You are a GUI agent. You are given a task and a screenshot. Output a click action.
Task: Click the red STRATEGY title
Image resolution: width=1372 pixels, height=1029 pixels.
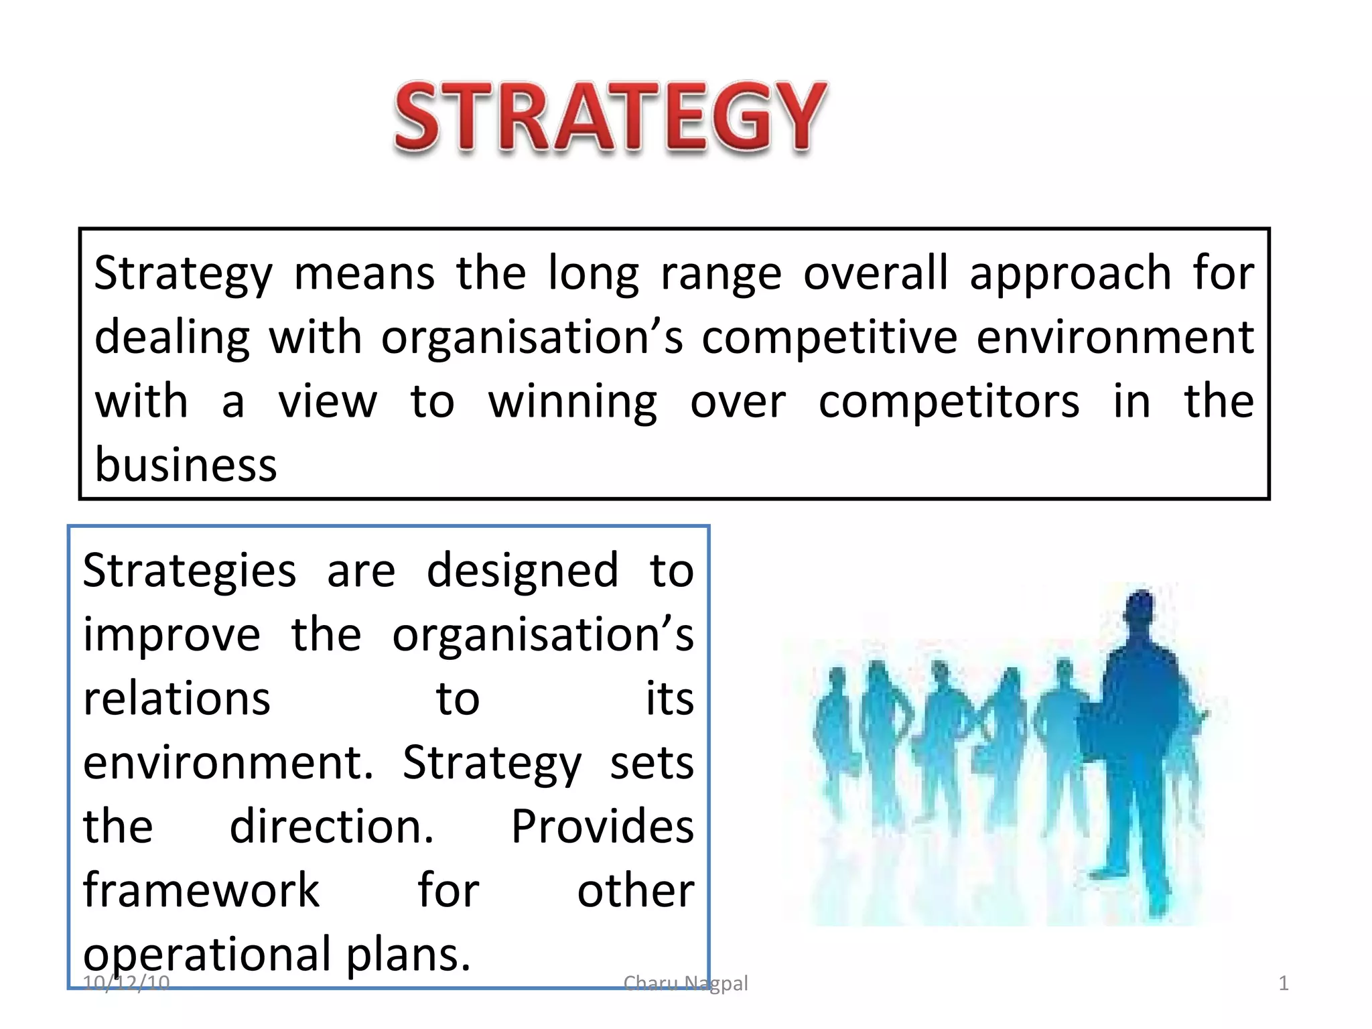(610, 117)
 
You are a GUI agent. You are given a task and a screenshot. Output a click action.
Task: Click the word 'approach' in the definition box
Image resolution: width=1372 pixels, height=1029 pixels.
(1070, 274)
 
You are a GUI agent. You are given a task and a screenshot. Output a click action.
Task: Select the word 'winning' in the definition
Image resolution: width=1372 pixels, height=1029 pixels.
(572, 402)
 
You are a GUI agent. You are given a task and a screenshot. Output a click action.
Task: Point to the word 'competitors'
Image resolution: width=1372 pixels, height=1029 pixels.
(949, 402)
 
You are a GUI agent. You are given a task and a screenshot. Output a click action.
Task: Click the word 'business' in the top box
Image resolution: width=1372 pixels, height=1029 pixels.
(186, 464)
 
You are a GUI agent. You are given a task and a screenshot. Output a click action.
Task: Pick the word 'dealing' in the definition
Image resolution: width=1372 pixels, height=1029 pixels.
(172, 337)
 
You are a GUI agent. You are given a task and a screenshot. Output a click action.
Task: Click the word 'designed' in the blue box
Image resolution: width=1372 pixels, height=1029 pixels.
(523, 571)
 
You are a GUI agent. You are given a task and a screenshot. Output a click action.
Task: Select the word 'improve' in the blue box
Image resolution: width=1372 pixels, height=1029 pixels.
(171, 635)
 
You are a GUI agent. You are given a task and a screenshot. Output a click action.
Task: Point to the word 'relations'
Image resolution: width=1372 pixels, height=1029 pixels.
(177, 698)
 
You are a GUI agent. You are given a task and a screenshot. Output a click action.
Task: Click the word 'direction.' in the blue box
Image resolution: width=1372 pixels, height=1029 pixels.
(332, 826)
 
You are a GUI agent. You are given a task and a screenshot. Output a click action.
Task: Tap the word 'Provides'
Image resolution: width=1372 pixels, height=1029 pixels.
(602, 826)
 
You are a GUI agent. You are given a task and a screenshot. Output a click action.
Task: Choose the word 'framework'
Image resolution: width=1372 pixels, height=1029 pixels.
(201, 890)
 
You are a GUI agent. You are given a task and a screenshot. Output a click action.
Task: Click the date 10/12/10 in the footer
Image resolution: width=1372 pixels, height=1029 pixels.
(126, 983)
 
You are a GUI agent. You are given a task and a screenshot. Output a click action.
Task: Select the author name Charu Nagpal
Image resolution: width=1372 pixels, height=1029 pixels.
(685, 983)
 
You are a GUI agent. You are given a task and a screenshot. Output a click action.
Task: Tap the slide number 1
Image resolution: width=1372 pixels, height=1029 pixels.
(1283, 983)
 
